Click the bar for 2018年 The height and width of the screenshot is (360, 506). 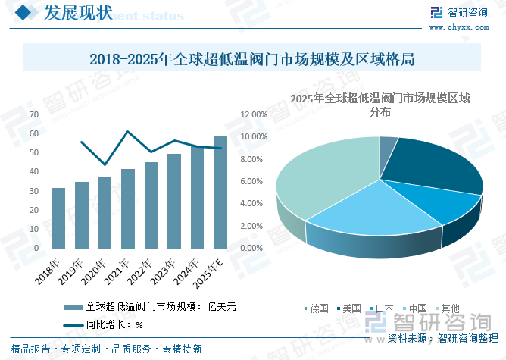58,218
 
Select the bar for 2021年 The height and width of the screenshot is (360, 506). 127,208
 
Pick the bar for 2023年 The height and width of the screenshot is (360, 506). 173,201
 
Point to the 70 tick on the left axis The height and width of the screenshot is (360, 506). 33,114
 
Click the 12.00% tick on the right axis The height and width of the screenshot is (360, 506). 254,114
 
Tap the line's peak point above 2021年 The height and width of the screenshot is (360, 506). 127,132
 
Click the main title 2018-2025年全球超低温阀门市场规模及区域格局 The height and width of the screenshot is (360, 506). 252,59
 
